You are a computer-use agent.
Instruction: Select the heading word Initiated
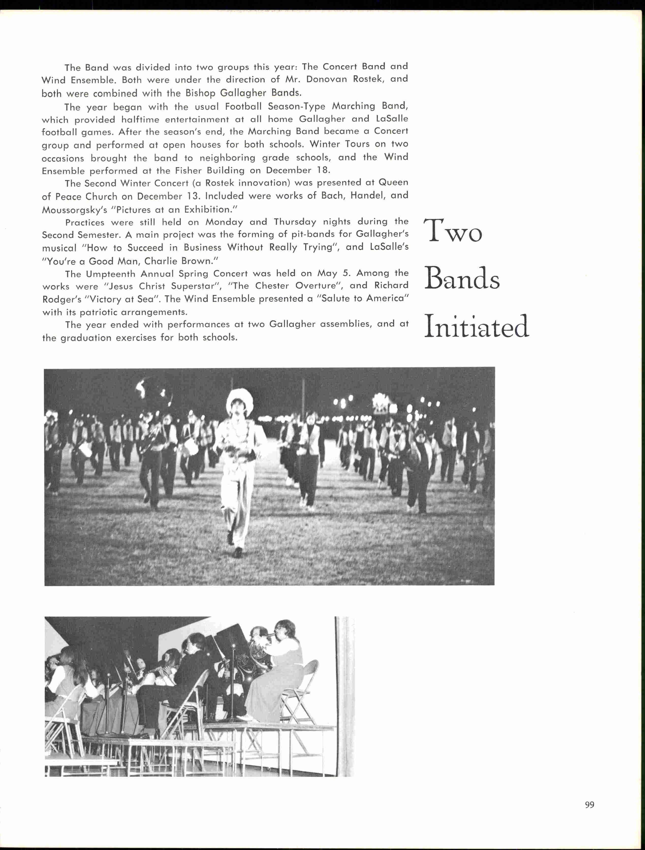(476, 326)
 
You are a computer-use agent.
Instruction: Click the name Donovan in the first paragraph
(326, 80)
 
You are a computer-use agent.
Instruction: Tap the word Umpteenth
(111, 274)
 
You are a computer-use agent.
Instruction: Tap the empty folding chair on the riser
(302, 688)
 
